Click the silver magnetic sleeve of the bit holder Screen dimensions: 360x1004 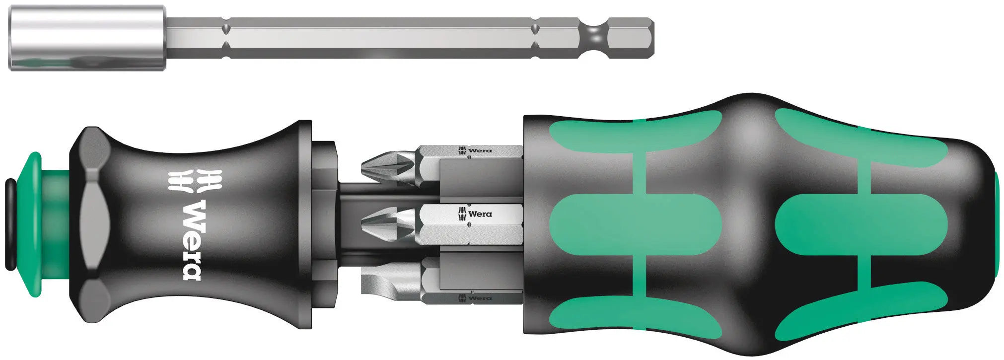[x=87, y=38]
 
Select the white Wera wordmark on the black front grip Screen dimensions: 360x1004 [x=192, y=240]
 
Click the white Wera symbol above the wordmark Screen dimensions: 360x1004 [x=195, y=181]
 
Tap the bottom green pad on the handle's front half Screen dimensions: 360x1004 [x=636, y=313]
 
